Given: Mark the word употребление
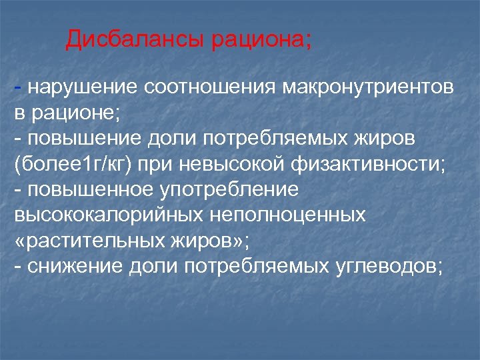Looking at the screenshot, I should [231, 189].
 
